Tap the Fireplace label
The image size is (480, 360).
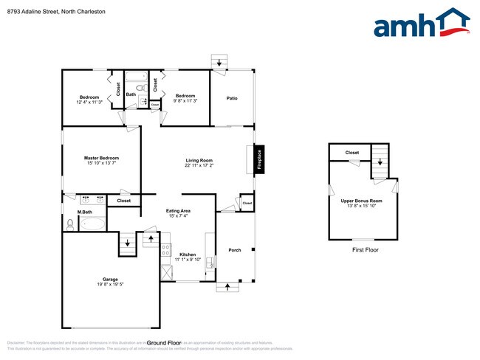(x=259, y=160)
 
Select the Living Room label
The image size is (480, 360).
(x=199, y=160)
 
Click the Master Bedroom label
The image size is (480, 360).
(x=101, y=158)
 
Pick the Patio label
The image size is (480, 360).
(x=231, y=98)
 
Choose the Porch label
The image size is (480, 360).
(x=235, y=250)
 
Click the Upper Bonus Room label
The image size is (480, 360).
(x=361, y=201)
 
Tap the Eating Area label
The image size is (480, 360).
(x=178, y=211)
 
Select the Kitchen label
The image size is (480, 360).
(x=188, y=255)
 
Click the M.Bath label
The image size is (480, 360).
(x=84, y=212)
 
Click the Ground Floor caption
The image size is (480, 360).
(x=164, y=343)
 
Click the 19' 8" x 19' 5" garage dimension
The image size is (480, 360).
(x=111, y=284)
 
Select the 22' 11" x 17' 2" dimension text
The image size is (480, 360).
(x=199, y=165)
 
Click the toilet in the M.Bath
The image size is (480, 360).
(x=70, y=223)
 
